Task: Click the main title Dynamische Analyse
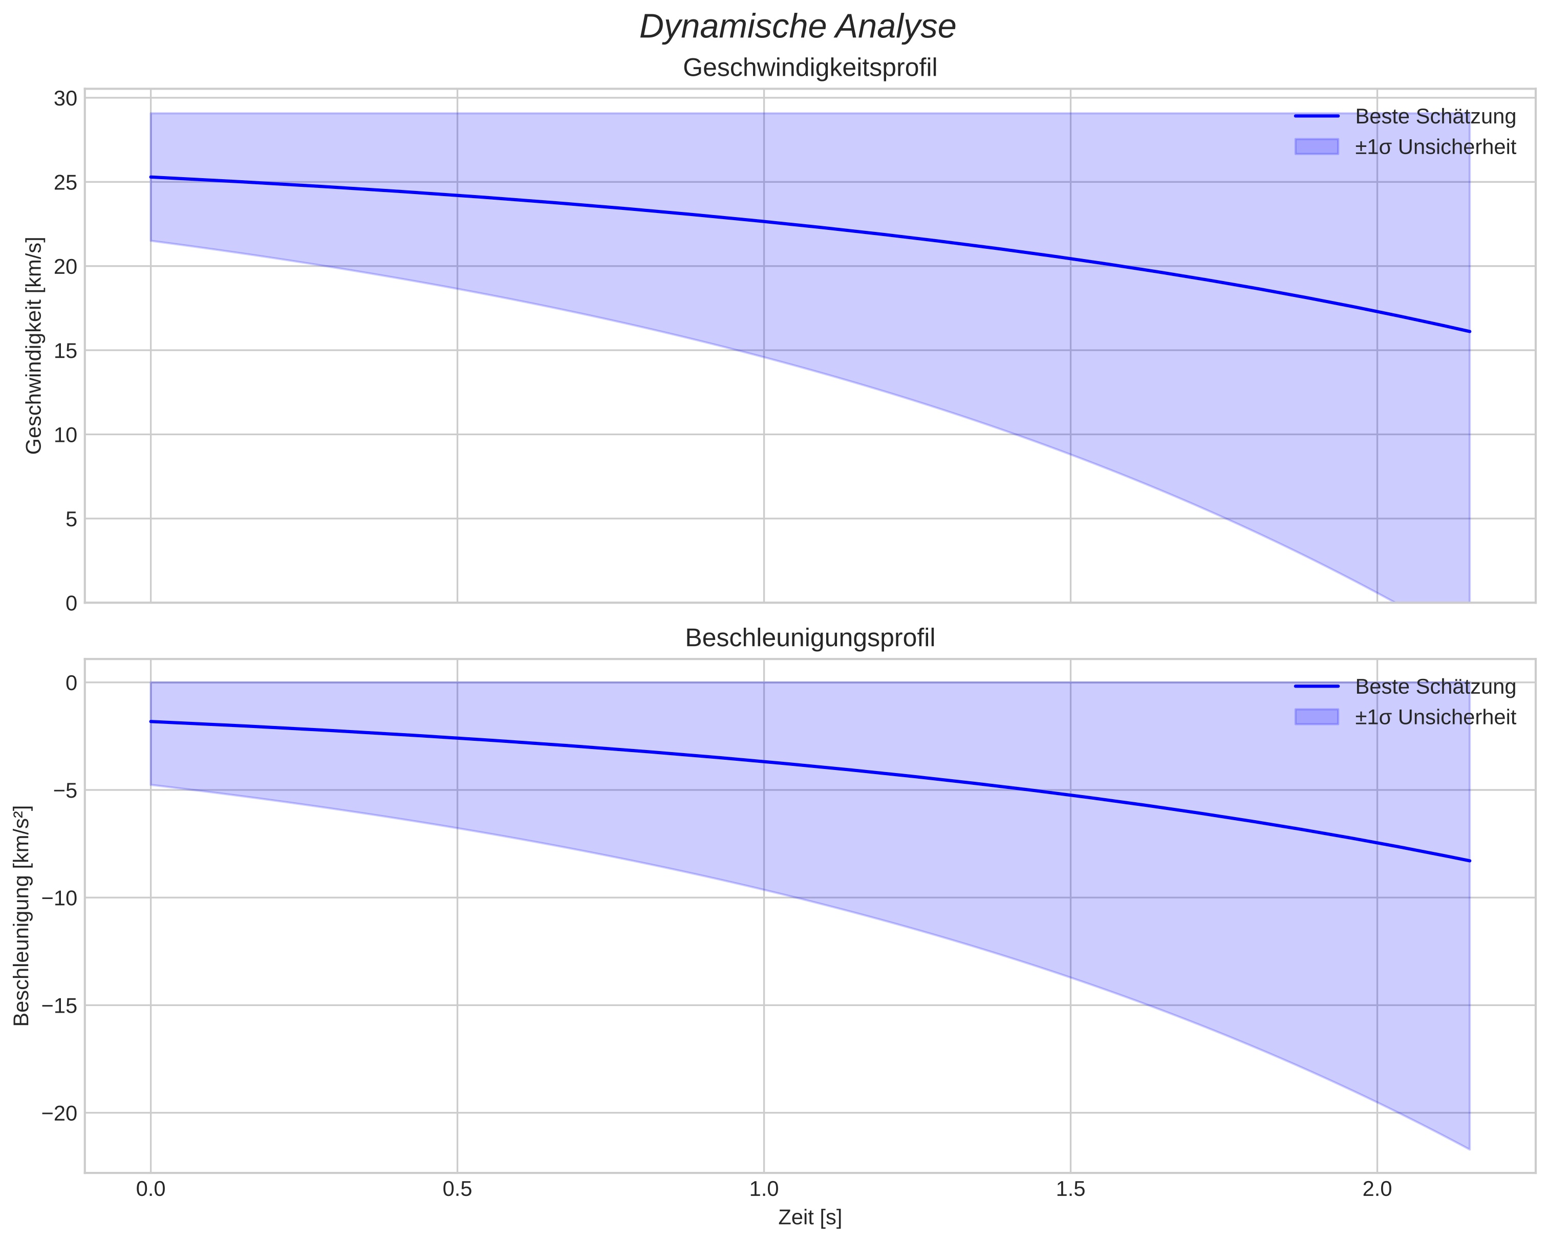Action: point(797,27)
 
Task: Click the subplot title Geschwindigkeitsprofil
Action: point(810,68)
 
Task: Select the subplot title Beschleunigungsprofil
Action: point(810,638)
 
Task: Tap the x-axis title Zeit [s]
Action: point(810,1217)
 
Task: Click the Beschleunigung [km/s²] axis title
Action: point(22,916)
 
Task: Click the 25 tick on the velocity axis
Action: point(66,182)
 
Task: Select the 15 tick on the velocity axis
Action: point(66,351)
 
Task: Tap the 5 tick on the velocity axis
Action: point(71,519)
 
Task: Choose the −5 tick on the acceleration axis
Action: point(66,790)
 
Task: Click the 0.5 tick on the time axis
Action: point(457,1190)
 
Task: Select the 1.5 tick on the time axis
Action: point(1070,1190)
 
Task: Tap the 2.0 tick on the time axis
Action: point(1377,1190)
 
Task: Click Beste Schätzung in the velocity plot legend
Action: point(1434,116)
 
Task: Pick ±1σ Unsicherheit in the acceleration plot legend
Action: point(1434,717)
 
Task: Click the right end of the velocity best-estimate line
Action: point(1469,332)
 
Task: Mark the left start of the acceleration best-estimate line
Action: point(151,721)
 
